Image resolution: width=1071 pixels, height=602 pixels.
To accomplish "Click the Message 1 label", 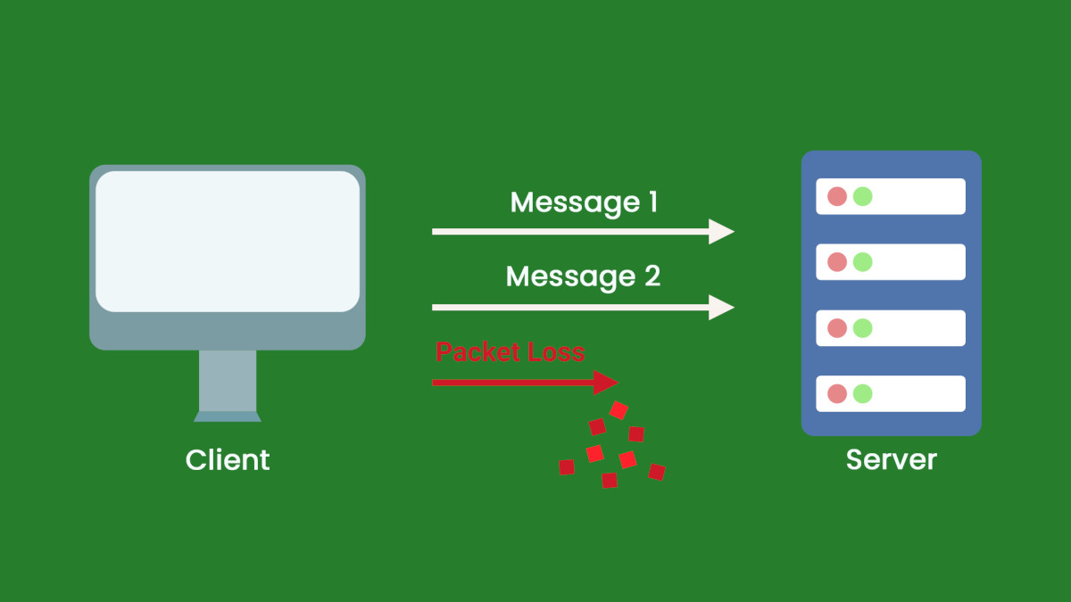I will coord(584,203).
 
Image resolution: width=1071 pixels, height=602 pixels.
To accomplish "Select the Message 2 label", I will coord(583,276).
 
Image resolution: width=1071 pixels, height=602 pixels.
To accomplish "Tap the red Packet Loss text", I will coord(511,352).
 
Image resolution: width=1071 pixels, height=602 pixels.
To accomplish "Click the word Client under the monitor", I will coord(228,460).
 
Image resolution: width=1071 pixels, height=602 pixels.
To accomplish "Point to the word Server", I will coord(892,460).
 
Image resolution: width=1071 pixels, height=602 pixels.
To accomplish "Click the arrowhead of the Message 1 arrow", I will coord(721,232).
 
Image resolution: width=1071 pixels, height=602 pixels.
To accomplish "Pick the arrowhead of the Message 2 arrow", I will coord(721,307).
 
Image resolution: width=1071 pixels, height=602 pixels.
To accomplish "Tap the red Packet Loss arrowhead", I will coord(606,383).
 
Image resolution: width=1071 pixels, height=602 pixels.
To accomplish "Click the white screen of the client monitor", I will coord(228,241).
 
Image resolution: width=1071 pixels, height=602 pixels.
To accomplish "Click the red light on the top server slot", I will coord(837,196).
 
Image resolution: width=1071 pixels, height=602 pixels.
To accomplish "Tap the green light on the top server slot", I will coord(862,196).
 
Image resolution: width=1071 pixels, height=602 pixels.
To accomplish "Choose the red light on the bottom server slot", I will coord(837,393).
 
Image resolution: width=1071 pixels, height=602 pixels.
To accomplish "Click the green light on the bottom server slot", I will coord(862,393).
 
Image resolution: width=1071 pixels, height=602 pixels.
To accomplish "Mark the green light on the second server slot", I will coord(862,262).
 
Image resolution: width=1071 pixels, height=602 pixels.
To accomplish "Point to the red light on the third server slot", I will coord(837,328).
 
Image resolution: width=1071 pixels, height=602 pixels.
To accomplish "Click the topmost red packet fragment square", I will coord(619,410).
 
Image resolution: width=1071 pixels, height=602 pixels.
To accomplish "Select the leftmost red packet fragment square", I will coord(566,467).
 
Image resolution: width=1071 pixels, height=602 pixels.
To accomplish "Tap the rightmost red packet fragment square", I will coord(657,472).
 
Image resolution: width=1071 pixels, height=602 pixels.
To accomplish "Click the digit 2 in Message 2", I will coord(652,276).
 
